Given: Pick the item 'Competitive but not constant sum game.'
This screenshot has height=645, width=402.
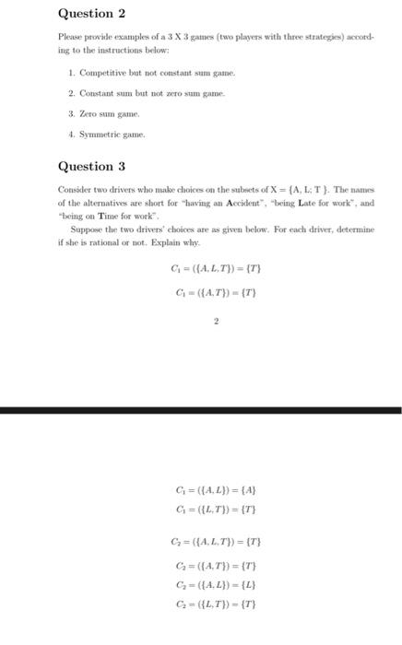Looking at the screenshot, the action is point(153,71).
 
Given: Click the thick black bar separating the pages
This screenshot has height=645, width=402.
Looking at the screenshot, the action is point(201,409).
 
